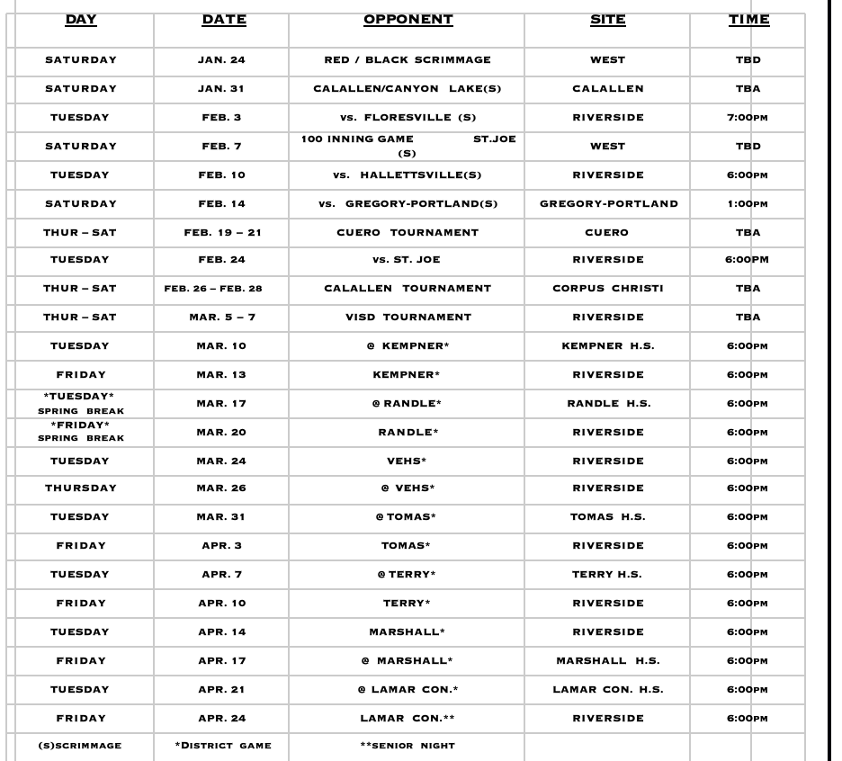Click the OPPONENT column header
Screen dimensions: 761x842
[x=408, y=19]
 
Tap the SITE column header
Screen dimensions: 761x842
[x=607, y=19]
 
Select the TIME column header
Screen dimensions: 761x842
[x=748, y=19]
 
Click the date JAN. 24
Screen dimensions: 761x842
[x=222, y=60]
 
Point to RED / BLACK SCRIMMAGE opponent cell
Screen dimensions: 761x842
[x=408, y=60]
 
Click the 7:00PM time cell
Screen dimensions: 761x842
[x=748, y=118]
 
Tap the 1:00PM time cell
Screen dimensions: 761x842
[x=748, y=204]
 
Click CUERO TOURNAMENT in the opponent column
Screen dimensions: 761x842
[x=408, y=232]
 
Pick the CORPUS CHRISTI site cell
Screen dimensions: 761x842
[x=608, y=289]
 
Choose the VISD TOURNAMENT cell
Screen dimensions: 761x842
[x=408, y=317]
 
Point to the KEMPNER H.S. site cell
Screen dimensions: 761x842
[x=608, y=346]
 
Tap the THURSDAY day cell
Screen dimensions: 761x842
[x=81, y=488]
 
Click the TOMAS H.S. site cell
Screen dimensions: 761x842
[x=608, y=517]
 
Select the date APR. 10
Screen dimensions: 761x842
[x=222, y=603]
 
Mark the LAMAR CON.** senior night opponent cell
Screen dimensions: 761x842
[x=408, y=718]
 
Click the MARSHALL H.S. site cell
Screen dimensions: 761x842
[x=608, y=660]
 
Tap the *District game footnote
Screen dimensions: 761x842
[x=222, y=745]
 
